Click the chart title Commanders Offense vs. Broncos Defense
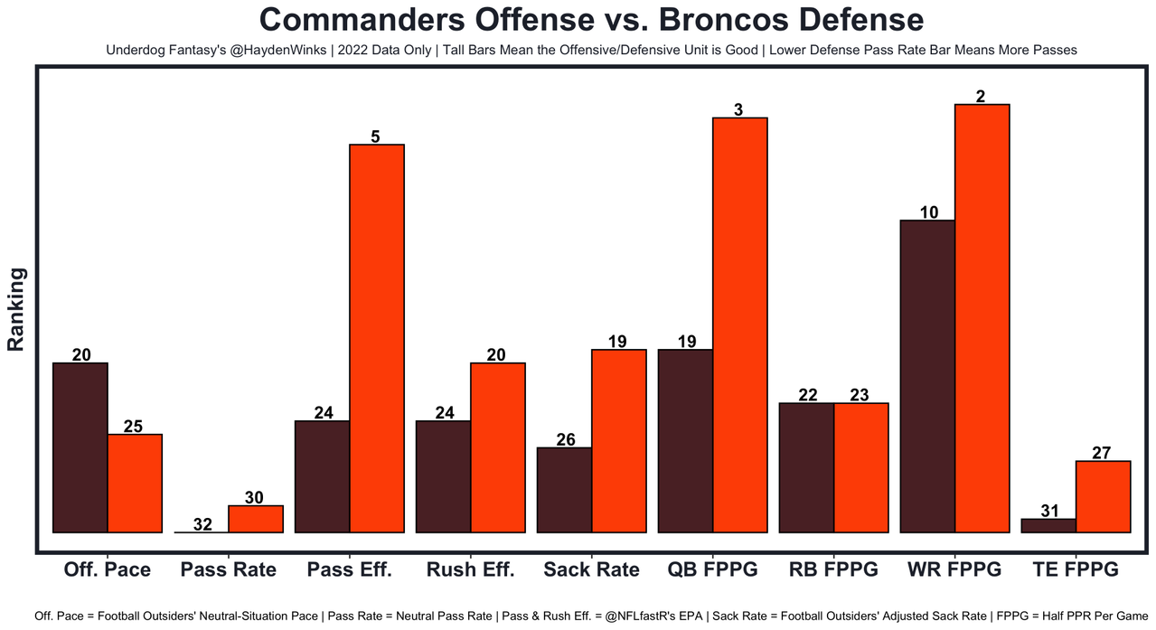(x=591, y=20)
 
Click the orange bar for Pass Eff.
(x=377, y=338)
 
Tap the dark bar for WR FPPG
(x=928, y=376)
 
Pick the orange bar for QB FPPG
(x=740, y=324)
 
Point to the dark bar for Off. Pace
(x=80, y=447)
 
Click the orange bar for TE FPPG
(x=1103, y=496)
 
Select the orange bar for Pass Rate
(x=256, y=519)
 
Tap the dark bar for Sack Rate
(x=564, y=490)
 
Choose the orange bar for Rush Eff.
(x=498, y=447)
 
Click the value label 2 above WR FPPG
(x=982, y=96)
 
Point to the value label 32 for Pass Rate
(x=202, y=523)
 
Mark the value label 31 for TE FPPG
(x=1049, y=511)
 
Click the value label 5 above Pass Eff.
(x=376, y=136)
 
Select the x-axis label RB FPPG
(x=833, y=570)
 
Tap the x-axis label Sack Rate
(x=591, y=570)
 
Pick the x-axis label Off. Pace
(x=107, y=570)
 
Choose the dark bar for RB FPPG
(x=806, y=467)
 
